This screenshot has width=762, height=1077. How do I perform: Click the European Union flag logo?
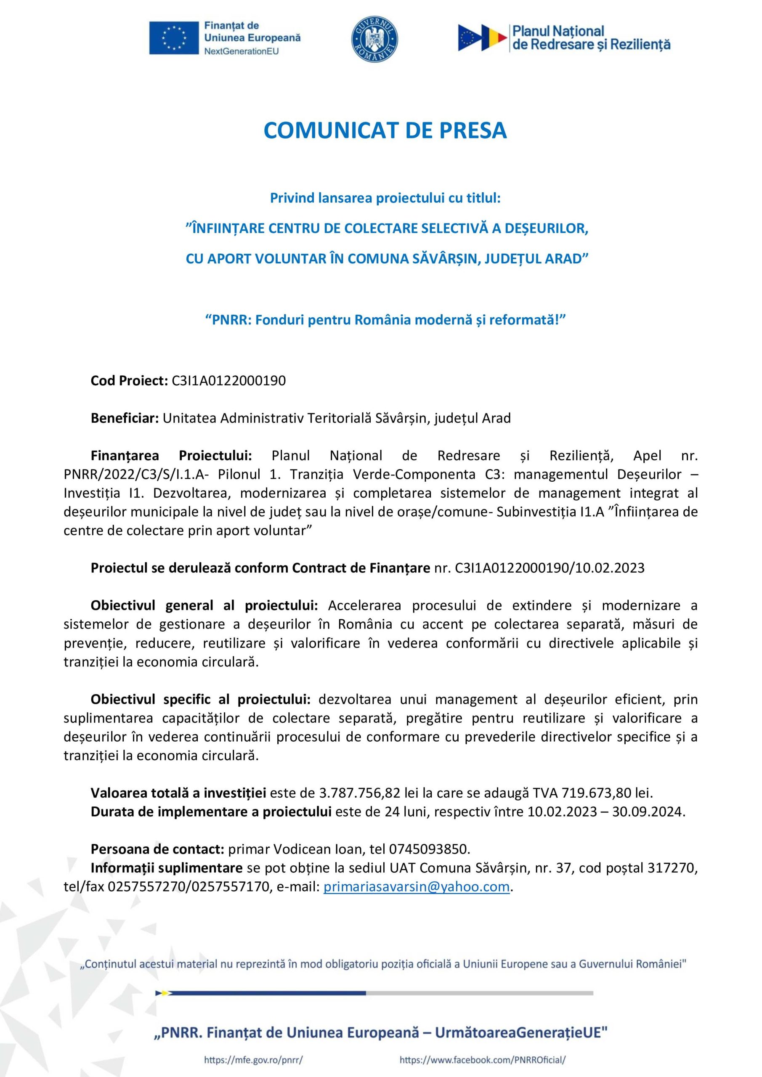[174, 38]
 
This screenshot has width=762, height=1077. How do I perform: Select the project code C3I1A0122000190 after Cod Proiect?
[228, 380]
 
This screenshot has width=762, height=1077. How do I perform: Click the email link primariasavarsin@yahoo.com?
[416, 886]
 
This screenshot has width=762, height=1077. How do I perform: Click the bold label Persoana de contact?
[157, 849]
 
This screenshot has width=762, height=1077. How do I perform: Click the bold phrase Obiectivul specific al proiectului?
[200, 699]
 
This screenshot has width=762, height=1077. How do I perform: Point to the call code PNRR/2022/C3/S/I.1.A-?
[134, 474]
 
